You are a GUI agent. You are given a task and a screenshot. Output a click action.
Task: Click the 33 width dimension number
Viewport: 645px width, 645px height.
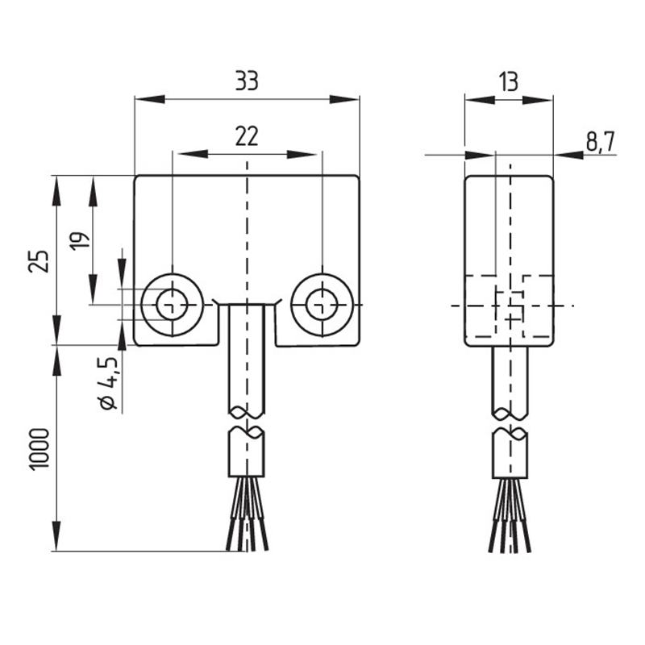tap(247, 81)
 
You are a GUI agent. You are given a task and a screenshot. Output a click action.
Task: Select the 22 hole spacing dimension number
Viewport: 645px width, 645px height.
tap(247, 136)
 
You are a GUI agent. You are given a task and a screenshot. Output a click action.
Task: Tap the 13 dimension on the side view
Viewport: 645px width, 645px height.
tap(509, 82)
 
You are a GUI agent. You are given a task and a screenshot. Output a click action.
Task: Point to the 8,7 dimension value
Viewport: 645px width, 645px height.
tap(600, 143)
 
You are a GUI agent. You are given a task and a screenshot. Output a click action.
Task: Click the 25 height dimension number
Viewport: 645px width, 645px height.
tap(38, 260)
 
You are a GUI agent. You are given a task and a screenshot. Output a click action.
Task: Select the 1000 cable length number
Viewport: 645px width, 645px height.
tap(40, 448)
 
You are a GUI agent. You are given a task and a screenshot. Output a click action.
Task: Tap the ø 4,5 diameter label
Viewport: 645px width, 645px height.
tap(109, 383)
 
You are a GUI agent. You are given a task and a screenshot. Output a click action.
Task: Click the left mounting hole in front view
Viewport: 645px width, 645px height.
tap(173, 305)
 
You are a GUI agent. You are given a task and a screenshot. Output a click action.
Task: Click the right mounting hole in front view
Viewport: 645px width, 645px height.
tap(322, 305)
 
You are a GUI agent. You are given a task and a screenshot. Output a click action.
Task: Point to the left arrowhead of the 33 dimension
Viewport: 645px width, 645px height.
tap(150, 99)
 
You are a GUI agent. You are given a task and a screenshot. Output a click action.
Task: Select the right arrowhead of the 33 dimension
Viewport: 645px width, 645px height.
tap(345, 99)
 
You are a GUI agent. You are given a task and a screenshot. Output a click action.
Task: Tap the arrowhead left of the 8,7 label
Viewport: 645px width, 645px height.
tap(568, 155)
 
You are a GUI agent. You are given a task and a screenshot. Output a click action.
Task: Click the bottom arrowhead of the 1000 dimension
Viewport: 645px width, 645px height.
tap(56, 536)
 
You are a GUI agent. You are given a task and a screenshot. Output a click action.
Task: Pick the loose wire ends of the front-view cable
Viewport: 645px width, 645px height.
tap(247, 514)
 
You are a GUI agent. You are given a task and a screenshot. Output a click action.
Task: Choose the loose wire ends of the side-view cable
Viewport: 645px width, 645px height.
tap(510, 516)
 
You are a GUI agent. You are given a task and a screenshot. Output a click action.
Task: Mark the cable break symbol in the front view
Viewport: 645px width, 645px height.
tap(247, 420)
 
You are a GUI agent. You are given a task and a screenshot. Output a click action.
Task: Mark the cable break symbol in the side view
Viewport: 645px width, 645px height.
tap(510, 422)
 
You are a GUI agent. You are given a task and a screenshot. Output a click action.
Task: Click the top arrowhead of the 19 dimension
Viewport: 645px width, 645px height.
tap(94, 192)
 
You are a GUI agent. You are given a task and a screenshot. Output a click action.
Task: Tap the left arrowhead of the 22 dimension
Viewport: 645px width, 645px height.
tap(193, 155)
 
